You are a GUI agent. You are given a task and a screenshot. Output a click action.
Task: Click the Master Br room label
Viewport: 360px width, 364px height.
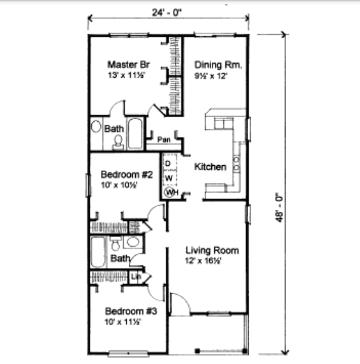point(125,65)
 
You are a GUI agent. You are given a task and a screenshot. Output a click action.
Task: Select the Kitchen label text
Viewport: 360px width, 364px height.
point(210,167)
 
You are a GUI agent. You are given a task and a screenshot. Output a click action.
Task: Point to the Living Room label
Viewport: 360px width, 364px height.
point(212,250)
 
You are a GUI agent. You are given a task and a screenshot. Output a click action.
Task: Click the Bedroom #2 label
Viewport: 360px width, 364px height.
point(127,174)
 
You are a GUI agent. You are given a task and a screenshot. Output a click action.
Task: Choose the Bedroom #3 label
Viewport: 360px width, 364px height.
point(128,310)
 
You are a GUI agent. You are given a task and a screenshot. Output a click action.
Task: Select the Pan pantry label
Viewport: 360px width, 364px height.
point(163,139)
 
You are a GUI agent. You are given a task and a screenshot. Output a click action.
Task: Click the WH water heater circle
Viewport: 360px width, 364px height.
point(171,192)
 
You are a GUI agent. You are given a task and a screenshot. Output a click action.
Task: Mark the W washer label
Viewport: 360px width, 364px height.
point(168,177)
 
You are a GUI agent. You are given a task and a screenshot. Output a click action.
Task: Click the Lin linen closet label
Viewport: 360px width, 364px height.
point(136,277)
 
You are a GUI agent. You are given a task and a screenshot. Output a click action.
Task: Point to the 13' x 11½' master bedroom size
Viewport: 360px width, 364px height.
point(126,75)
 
